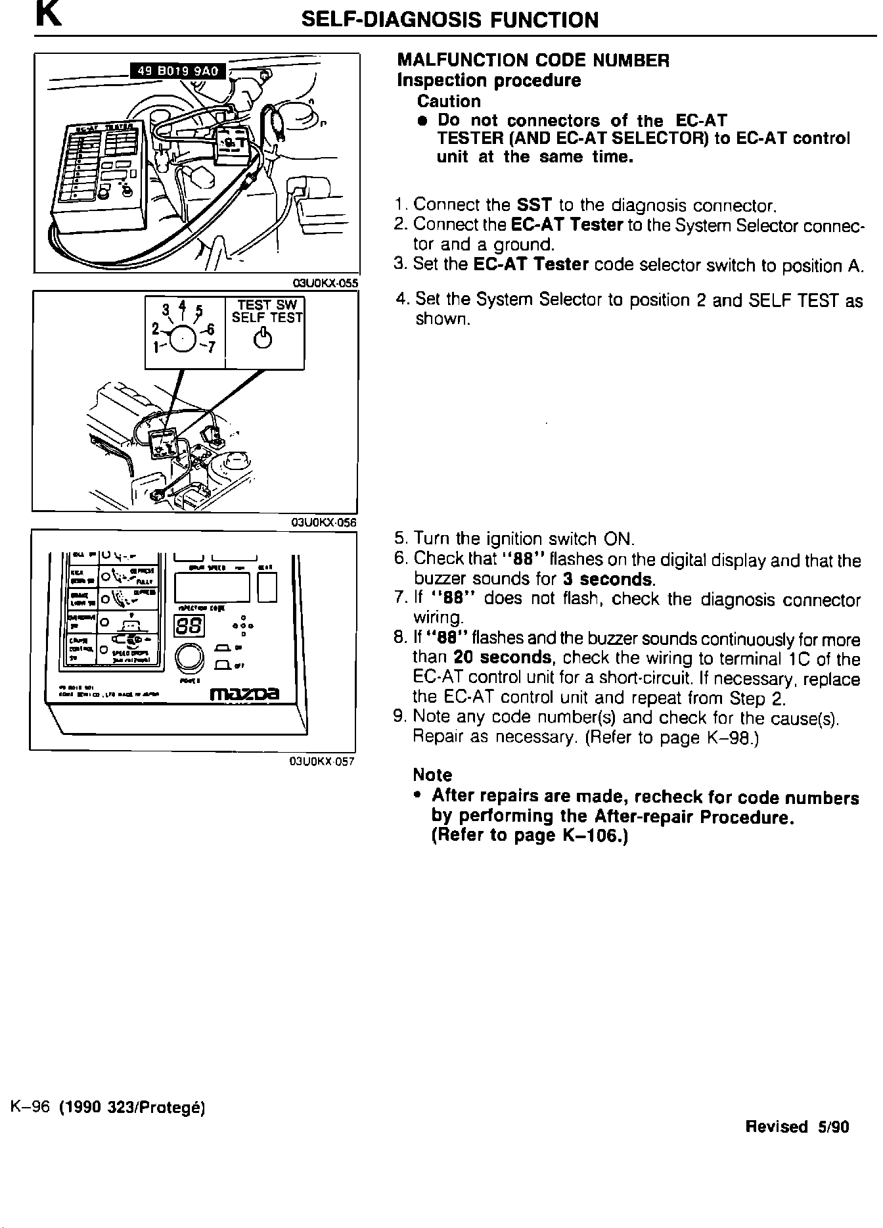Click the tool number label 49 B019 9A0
pyautogui.click(x=178, y=70)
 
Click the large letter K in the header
pyautogui.click(x=49, y=16)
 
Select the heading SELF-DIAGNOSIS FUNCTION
pyautogui.click(x=449, y=20)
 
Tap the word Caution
pyautogui.click(x=449, y=101)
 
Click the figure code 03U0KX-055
pyautogui.click(x=325, y=283)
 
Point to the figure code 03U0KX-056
pyautogui.click(x=323, y=523)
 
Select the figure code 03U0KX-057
pyautogui.click(x=322, y=762)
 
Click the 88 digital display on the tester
pyautogui.click(x=189, y=626)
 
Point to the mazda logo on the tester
pyautogui.click(x=244, y=694)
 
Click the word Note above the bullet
pyautogui.click(x=432, y=775)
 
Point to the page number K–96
pyautogui.click(x=31, y=1108)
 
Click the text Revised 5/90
pyautogui.click(x=797, y=1127)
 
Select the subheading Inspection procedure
pyautogui.click(x=489, y=81)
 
